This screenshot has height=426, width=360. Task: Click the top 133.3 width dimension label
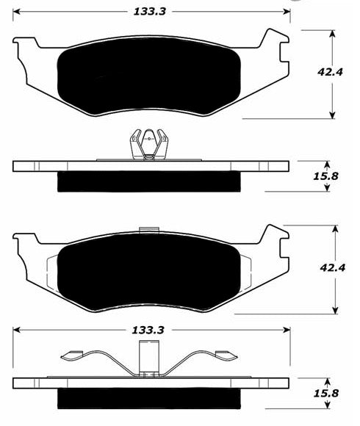click(149, 12)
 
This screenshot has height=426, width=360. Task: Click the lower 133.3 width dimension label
click(148, 330)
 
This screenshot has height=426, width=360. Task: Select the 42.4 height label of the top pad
click(330, 72)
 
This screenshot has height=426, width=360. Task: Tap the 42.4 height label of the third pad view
click(333, 267)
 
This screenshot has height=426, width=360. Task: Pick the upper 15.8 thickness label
click(325, 176)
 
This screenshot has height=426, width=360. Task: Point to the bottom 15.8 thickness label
click(326, 393)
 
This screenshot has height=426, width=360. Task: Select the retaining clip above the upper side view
click(149, 145)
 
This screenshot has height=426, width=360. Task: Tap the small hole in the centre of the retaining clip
click(149, 139)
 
